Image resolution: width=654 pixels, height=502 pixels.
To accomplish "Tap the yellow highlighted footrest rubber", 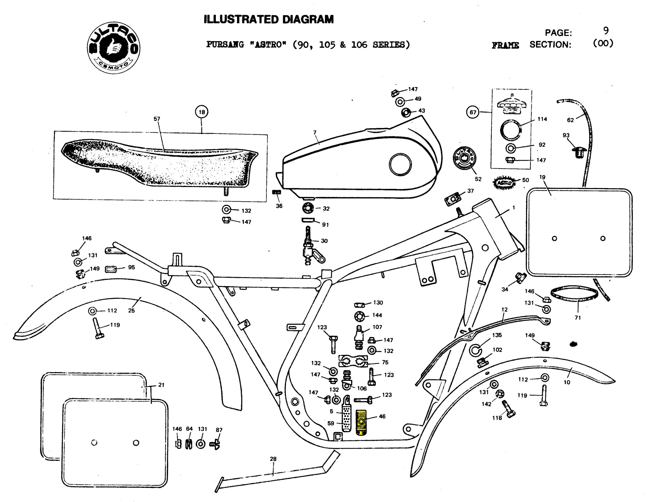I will pyautogui.click(x=361, y=423).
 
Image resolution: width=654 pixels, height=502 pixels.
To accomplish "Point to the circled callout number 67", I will pyautogui.click(x=473, y=112).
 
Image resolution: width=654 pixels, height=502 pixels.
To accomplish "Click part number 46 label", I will pyautogui.click(x=382, y=416).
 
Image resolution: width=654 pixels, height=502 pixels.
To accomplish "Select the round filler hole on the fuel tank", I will pyautogui.click(x=400, y=164).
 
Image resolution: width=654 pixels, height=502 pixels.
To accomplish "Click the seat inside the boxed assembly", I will pyautogui.click(x=158, y=164).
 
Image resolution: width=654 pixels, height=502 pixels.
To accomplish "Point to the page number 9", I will pyautogui.click(x=606, y=30).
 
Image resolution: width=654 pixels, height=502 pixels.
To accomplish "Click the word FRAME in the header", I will pyautogui.click(x=505, y=45).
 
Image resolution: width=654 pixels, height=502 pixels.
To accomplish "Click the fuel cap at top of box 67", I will pyautogui.click(x=511, y=104).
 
